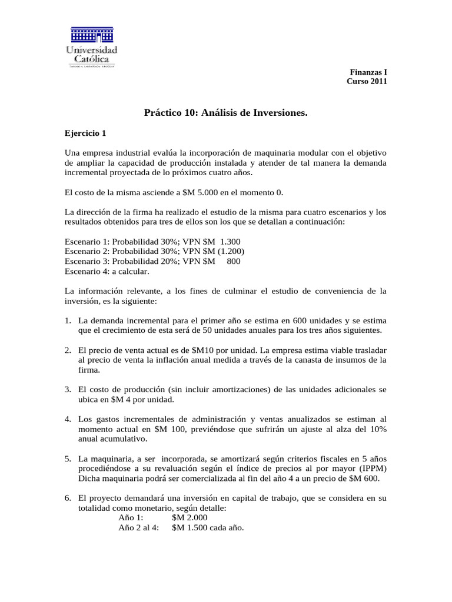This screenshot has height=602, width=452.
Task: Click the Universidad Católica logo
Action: tap(91, 47)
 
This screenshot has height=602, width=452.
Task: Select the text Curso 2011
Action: tap(366, 82)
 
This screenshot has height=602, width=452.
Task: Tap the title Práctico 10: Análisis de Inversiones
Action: tap(226, 112)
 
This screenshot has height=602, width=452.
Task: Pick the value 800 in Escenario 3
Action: tap(233, 262)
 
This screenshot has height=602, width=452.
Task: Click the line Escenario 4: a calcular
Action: tap(107, 272)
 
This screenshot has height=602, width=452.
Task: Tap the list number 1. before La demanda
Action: tap(68, 321)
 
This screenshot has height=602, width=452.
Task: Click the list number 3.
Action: tap(68, 389)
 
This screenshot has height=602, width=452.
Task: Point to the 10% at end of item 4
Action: tap(376, 429)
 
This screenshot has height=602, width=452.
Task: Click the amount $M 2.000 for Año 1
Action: tap(190, 517)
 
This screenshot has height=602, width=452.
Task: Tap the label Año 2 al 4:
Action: tap(139, 527)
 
